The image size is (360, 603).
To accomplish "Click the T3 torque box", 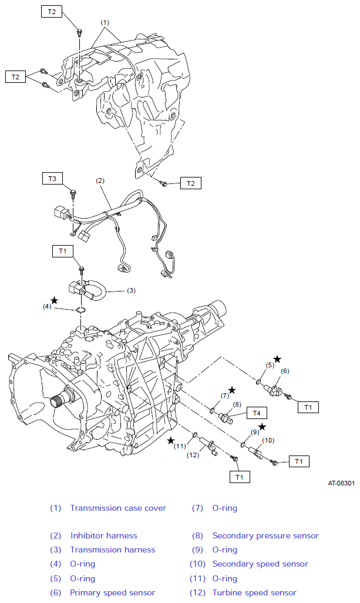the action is tap(52, 179).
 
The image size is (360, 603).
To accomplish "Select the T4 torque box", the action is tap(257, 413).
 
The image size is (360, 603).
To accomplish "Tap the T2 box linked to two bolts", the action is tap(15, 77).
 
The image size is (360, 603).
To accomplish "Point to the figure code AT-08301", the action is tap(341, 483).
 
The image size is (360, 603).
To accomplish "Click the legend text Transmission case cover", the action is tap(118, 508).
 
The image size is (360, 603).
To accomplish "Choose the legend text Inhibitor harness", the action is tap(104, 535).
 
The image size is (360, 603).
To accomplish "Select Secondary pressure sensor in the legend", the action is tap(265, 535).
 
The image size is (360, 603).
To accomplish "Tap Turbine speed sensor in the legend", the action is tap(254, 593).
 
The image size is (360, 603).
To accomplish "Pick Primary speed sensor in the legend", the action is tap(113, 593).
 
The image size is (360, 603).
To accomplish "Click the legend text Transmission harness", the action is tap(113, 550).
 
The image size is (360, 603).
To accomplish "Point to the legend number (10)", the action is tap(197, 564).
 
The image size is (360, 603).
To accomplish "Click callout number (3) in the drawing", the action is tap(132, 290).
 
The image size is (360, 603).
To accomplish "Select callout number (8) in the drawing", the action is tap(237, 404).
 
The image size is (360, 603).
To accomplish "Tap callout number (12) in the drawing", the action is tap(193, 455).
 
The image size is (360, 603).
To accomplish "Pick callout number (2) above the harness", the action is tap(100, 180).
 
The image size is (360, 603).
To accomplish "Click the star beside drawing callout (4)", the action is tap(55, 300).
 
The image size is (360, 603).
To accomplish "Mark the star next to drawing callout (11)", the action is tap(171, 440).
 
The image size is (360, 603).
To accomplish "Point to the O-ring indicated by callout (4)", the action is tap(80, 310).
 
